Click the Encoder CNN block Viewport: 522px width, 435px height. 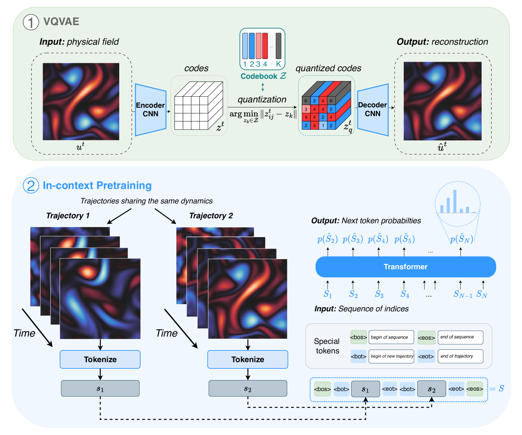[151, 110]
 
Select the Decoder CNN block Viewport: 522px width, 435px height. [373, 110]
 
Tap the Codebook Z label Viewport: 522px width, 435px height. [263, 76]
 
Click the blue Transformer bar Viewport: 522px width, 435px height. [405, 267]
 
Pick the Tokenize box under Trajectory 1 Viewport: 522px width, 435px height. [100, 359]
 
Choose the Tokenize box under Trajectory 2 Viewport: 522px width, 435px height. [248, 359]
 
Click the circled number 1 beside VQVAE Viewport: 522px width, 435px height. [31, 22]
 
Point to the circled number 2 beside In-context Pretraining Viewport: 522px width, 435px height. [31, 186]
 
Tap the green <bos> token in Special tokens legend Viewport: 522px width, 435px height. [359, 337]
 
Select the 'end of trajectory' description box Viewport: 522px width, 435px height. [460, 356]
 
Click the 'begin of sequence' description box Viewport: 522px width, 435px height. [391, 337]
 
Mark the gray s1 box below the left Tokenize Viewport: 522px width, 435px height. [100, 389]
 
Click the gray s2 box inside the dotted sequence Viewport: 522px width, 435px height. [431, 389]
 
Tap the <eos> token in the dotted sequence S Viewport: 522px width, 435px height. [475, 389]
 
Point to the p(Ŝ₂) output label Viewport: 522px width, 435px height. [327, 239]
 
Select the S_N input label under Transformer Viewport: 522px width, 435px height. [482, 294]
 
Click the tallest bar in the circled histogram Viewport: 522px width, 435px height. [455, 201]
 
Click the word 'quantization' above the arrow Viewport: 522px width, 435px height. [262, 100]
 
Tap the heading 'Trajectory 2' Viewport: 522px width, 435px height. [211, 216]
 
